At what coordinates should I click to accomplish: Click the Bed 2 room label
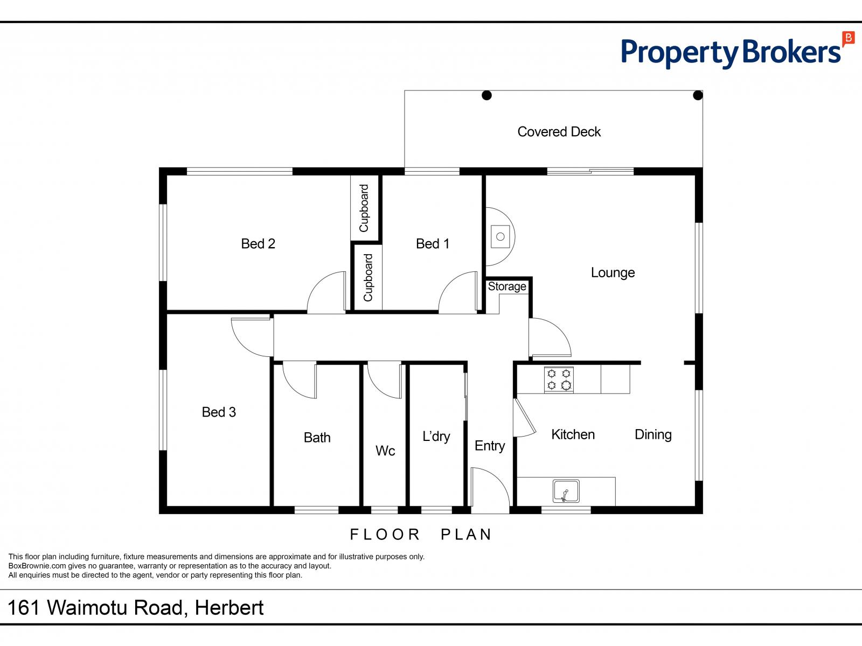pos(258,244)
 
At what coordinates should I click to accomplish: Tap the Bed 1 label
pos(433,244)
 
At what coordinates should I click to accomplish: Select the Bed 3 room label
pos(219,412)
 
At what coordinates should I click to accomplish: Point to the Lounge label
pos(613,272)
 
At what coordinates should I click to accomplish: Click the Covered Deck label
pos(559,132)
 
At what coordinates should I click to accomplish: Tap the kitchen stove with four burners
pos(559,380)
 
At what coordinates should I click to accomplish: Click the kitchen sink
pos(566,491)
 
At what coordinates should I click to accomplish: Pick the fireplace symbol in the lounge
pos(500,236)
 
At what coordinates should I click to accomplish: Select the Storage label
pos(507,286)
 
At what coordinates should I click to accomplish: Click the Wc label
pos(385,451)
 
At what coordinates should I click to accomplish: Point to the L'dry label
pos(436,436)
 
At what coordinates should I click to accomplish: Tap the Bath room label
pos(317,438)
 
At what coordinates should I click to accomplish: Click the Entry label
pos(490,446)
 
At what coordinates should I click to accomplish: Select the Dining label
pos(653,434)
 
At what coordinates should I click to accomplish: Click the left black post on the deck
pos(486,96)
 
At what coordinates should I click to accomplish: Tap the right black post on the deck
pos(698,96)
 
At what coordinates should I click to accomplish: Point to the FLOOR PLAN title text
pos(421,534)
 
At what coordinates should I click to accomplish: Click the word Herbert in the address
pos(229,608)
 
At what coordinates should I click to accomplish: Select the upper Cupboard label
pos(364,208)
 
